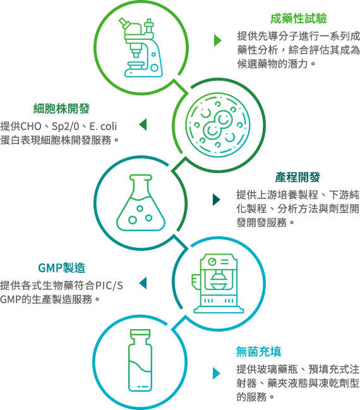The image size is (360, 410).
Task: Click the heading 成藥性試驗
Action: pyautogui.click(x=298, y=18)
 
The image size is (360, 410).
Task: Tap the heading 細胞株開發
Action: pyautogui.click(x=61, y=109)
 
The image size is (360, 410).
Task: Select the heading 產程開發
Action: pyautogui.click(x=297, y=178)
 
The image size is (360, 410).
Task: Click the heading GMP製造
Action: pyautogui.click(x=62, y=268)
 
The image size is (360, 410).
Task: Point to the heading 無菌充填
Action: pyautogui.click(x=258, y=352)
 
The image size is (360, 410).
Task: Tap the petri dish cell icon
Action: pyautogui.click(x=218, y=125)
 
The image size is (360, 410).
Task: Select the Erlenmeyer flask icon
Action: pyautogui.click(x=141, y=203)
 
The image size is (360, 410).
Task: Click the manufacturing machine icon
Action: pyautogui.click(x=219, y=283)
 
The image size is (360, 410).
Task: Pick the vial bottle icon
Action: pyautogui.click(x=140, y=360)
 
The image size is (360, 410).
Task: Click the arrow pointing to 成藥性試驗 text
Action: pyautogui.click(x=217, y=40)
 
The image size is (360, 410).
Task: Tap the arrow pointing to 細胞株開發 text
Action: pyautogui.click(x=143, y=124)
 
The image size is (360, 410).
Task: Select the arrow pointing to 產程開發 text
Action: pyautogui.click(x=217, y=200)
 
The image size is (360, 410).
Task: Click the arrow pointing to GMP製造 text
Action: pyautogui.click(x=143, y=284)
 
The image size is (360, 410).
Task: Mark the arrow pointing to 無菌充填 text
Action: pyautogui.click(x=217, y=373)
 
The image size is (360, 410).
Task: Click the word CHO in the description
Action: pyautogui.click(x=30, y=126)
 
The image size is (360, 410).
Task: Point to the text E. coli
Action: pyautogui.click(x=103, y=126)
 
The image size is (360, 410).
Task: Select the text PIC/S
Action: pyautogui.click(x=109, y=286)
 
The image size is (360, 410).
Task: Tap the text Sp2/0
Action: pyautogui.click(x=65, y=127)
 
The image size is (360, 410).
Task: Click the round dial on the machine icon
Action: pyautogui.click(x=212, y=261)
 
